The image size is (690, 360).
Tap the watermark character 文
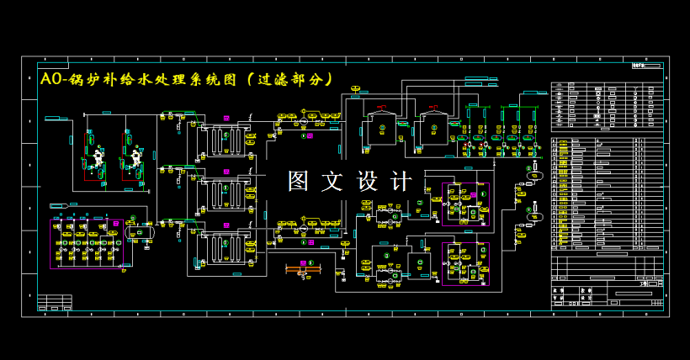coord(335,181)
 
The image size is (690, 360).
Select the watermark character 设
coord(369,181)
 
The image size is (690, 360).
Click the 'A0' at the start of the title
coord(50,79)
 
